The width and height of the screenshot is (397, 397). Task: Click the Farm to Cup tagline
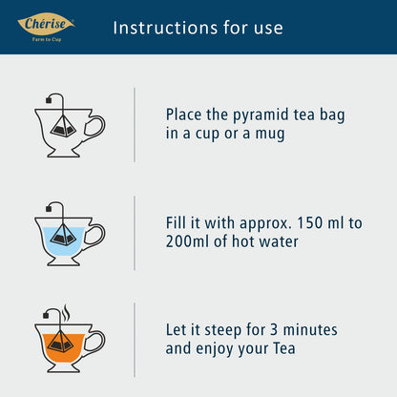point(47,39)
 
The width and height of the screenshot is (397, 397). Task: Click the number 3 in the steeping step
point(274,329)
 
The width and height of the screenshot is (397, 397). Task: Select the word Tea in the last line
point(284,348)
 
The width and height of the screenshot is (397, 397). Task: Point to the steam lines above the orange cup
point(66,312)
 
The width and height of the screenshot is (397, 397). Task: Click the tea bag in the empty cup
point(63,126)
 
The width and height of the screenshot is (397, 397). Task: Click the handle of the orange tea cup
point(94,342)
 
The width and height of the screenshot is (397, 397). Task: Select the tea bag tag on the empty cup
point(49,100)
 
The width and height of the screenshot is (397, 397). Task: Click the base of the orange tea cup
point(63,367)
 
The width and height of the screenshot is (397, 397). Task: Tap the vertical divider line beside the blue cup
point(135,233)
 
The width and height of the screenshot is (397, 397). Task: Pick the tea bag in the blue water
point(63,234)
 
